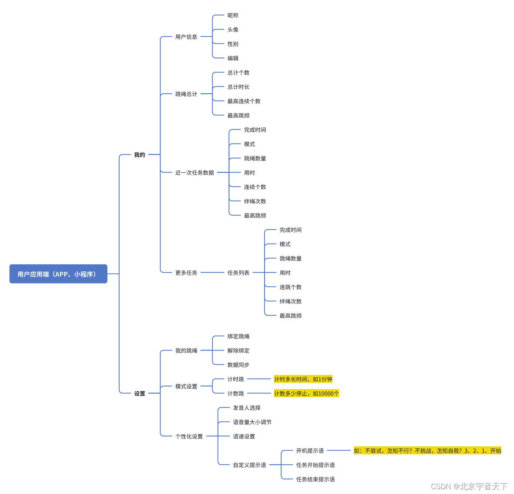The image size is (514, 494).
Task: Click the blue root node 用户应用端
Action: (58, 274)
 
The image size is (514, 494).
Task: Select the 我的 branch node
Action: (139, 155)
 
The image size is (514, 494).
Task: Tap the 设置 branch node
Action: (139, 393)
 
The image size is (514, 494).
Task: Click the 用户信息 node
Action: (186, 37)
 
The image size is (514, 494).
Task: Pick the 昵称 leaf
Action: (233, 15)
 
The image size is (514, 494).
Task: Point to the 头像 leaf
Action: (233, 30)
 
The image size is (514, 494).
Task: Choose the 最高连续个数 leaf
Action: (244, 101)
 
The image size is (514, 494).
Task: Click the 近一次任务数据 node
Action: (194, 172)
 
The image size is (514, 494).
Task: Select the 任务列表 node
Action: (238, 273)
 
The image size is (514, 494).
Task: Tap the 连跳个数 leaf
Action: (290, 287)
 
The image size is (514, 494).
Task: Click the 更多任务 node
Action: (186, 273)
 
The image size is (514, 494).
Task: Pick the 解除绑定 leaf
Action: (238, 350)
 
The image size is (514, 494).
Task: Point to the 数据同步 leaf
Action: (238, 365)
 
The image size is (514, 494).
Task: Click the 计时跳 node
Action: (235, 379)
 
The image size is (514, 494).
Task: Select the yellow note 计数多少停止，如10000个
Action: (306, 393)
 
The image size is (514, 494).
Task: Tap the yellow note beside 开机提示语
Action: (427, 451)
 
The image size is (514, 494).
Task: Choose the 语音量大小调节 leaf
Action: (252, 422)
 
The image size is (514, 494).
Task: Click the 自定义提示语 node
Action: (249, 465)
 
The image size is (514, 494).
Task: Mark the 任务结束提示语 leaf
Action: (315, 479)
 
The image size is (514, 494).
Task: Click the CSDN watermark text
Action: (469, 486)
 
